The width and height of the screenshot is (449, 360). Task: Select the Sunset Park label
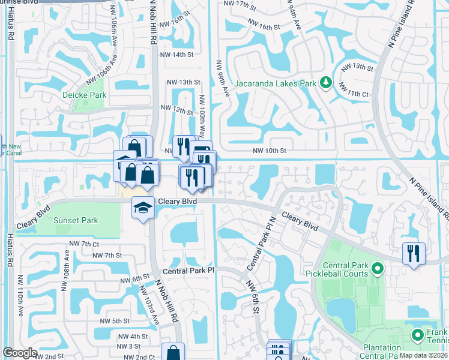(x=76, y=220)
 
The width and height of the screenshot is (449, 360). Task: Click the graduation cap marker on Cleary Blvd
(x=143, y=208)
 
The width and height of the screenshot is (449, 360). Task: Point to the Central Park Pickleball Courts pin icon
(x=377, y=268)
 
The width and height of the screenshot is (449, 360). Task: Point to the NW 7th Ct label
(x=83, y=244)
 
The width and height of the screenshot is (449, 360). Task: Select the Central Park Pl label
(x=188, y=271)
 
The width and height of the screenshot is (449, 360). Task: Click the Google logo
(x=20, y=353)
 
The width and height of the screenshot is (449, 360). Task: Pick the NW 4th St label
(x=132, y=337)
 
